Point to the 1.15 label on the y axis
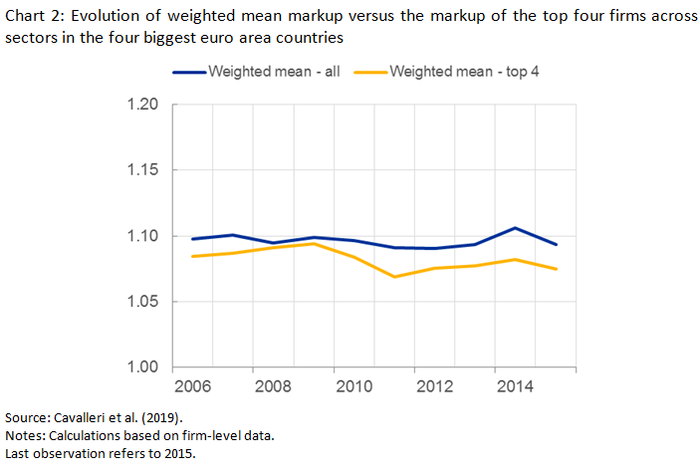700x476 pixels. (x=143, y=171)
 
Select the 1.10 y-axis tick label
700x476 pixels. (x=143, y=237)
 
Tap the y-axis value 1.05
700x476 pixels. (x=143, y=302)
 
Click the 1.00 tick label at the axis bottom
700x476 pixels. (x=143, y=367)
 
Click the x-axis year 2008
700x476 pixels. (x=273, y=386)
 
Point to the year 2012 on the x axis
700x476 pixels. (x=435, y=386)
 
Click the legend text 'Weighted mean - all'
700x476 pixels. (x=275, y=72)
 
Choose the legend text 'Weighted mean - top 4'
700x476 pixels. (x=464, y=72)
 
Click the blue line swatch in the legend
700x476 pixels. (x=189, y=72)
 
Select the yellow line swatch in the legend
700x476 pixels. (x=372, y=72)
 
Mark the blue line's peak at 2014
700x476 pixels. (x=515, y=228)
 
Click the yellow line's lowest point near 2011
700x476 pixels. (x=395, y=277)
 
